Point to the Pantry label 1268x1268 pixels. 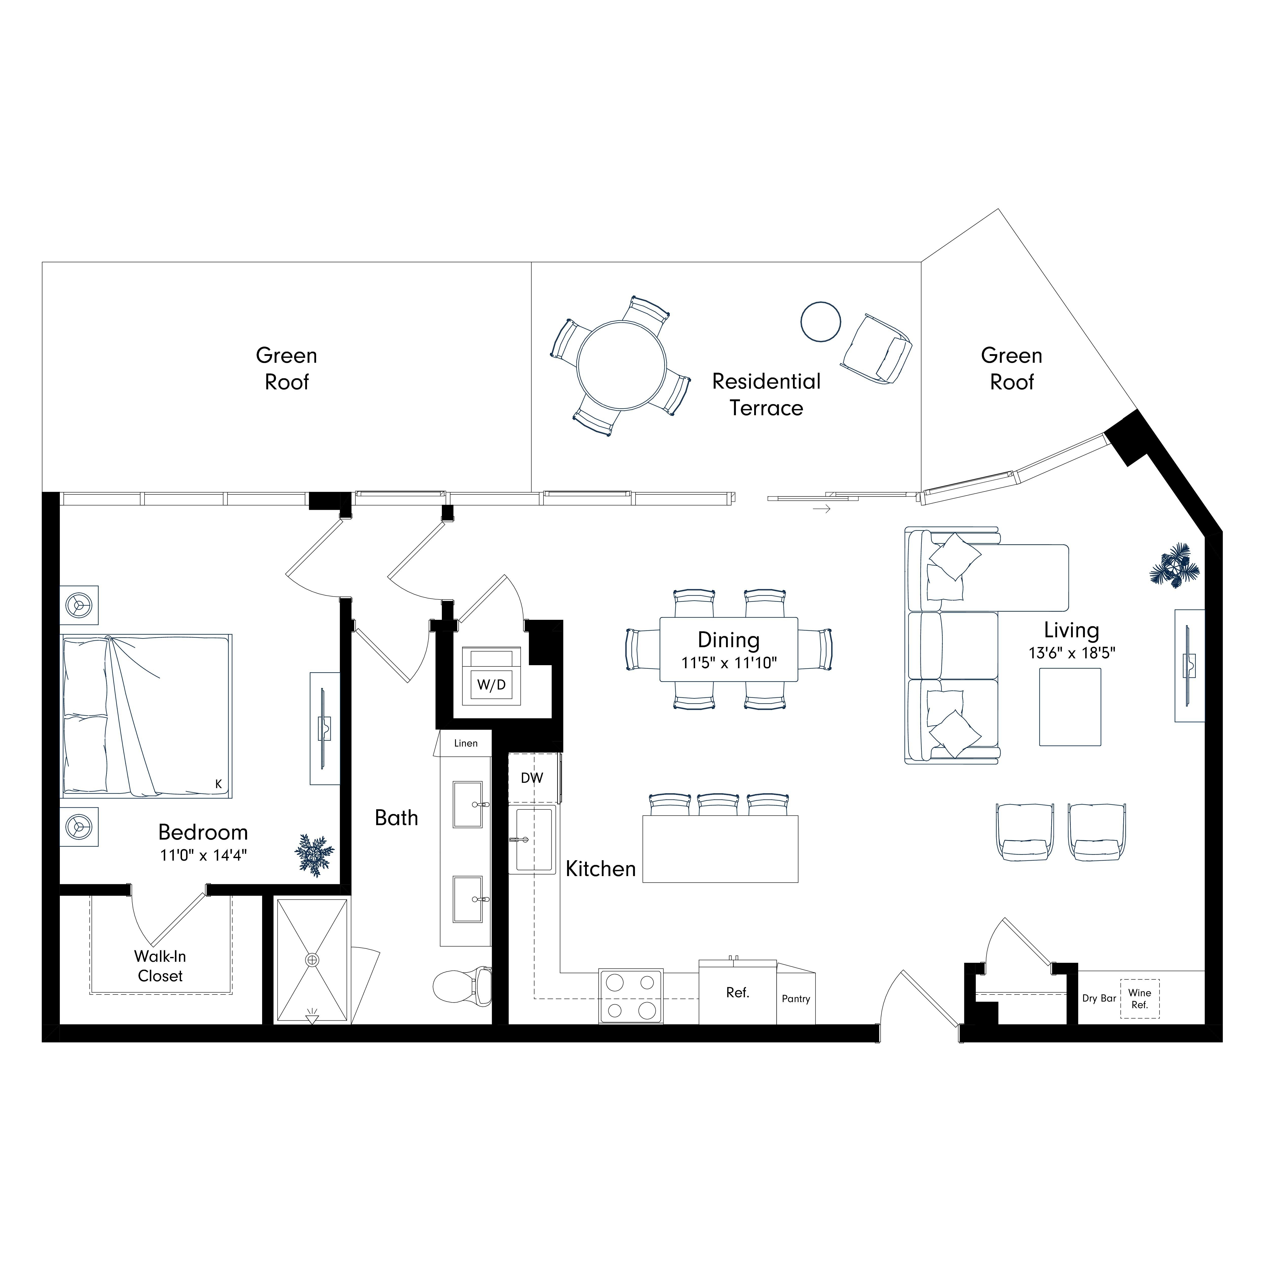(x=796, y=999)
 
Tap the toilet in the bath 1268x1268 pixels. (x=463, y=986)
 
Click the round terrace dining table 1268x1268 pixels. (x=622, y=365)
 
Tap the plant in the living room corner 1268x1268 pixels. (x=1175, y=564)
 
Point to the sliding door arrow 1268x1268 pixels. (x=822, y=509)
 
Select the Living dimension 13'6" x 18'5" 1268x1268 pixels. (x=1072, y=653)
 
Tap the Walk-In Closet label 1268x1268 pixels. (x=160, y=966)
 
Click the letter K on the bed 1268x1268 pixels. (x=219, y=784)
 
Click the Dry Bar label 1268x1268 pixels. (x=1099, y=998)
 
